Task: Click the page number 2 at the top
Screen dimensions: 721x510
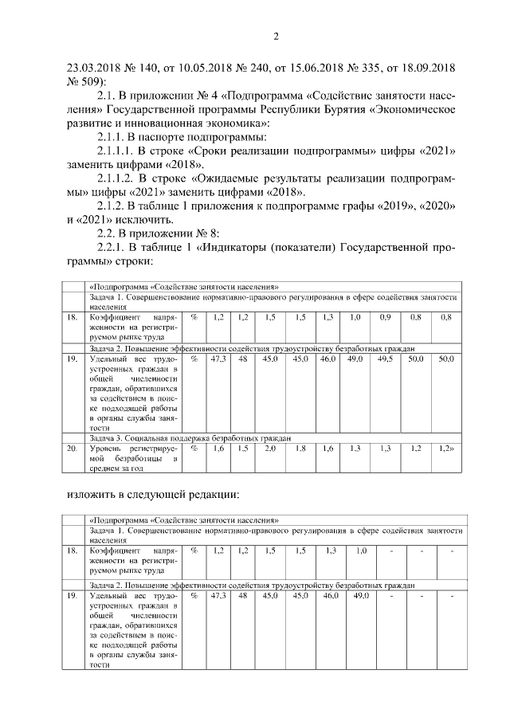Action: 276,35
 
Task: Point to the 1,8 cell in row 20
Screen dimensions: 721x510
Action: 300,449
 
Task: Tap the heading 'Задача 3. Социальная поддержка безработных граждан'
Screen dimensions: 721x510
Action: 190,438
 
